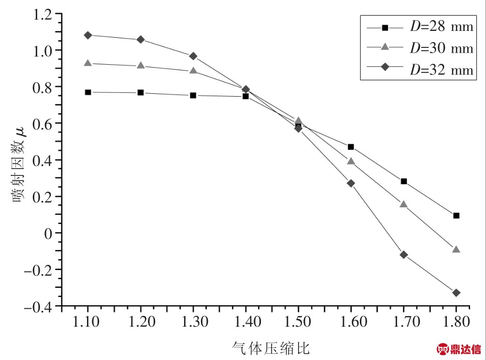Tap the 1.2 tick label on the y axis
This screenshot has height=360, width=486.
click(42, 14)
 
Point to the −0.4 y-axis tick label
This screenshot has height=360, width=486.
click(39, 306)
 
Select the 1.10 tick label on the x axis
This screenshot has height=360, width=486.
click(87, 321)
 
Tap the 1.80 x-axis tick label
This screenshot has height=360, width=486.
click(456, 321)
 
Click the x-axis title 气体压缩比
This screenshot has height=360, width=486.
click(271, 346)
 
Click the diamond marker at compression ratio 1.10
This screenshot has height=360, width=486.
click(88, 35)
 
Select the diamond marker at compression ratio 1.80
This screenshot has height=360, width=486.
click(456, 293)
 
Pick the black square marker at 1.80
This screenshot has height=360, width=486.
click(456, 216)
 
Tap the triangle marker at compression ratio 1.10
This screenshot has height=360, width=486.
click(88, 63)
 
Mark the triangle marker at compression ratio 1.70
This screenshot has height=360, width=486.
click(404, 204)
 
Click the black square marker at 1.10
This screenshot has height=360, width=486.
click(88, 92)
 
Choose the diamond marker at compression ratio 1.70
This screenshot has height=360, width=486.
click(404, 255)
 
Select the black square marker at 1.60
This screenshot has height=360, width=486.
click(351, 147)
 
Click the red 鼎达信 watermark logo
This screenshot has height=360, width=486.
click(459, 349)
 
